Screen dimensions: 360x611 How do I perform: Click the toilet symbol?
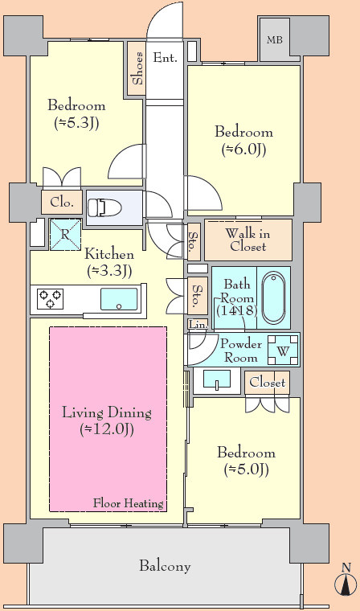pyautogui.click(x=104, y=207)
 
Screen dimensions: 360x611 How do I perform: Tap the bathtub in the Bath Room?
pyautogui.click(x=273, y=297)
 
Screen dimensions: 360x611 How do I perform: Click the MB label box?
pyautogui.click(x=275, y=39)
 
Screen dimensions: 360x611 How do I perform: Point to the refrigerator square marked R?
pyautogui.click(x=65, y=234)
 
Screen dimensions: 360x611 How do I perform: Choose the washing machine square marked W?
pyautogui.click(x=283, y=351)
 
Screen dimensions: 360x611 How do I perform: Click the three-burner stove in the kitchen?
pyautogui.click(x=51, y=299)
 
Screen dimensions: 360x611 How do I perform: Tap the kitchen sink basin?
pyautogui.click(x=119, y=299)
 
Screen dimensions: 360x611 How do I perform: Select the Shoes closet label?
pyautogui.click(x=137, y=68)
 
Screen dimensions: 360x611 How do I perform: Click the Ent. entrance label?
pyautogui.click(x=166, y=58)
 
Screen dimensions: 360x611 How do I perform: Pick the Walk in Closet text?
pyautogui.click(x=247, y=240)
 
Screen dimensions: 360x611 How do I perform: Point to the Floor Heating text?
pyautogui.click(x=129, y=503)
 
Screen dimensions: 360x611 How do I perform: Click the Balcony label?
pyautogui.click(x=166, y=565)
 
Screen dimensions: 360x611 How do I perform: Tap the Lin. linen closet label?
pyautogui.click(x=198, y=324)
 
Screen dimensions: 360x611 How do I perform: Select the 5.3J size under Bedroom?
pyautogui.click(x=76, y=123)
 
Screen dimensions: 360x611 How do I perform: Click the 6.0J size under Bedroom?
pyautogui.click(x=244, y=150)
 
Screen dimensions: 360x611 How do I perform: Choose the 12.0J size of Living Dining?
pyautogui.click(x=107, y=429)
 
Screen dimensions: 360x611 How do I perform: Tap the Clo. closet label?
pyautogui.click(x=62, y=203)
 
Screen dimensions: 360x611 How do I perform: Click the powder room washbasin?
pyautogui.click(x=217, y=379)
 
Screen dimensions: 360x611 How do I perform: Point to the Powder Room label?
pyautogui.click(x=241, y=351)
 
